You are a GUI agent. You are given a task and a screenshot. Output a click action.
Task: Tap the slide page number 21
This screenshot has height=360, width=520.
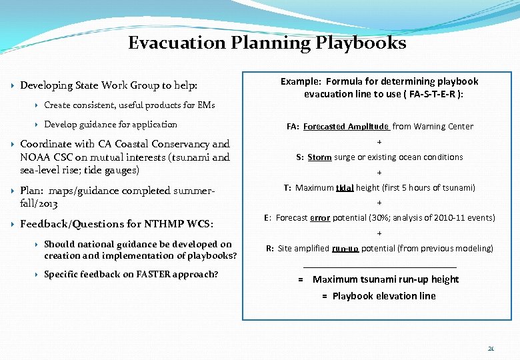tap(491, 349)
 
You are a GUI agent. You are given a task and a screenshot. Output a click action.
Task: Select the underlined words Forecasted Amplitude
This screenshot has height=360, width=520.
tap(346, 127)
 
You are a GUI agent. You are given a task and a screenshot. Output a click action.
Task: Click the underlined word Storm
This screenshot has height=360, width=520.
tap(319, 157)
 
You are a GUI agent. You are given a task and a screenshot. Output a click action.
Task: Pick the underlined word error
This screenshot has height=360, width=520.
tap(320, 218)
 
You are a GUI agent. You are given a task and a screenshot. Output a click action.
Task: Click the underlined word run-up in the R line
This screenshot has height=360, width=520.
tap(345, 249)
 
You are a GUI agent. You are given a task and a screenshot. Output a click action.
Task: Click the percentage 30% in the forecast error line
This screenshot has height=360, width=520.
tap(379, 218)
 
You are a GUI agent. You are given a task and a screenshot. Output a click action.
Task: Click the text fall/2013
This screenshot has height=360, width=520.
tap(39, 203)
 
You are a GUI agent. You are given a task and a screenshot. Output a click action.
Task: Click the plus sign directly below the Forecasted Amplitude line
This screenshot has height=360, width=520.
tap(379, 142)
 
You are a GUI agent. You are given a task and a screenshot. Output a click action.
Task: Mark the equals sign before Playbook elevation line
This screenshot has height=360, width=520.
tap(325, 296)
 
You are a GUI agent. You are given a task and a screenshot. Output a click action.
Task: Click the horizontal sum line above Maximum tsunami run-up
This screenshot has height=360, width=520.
tap(379, 267)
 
